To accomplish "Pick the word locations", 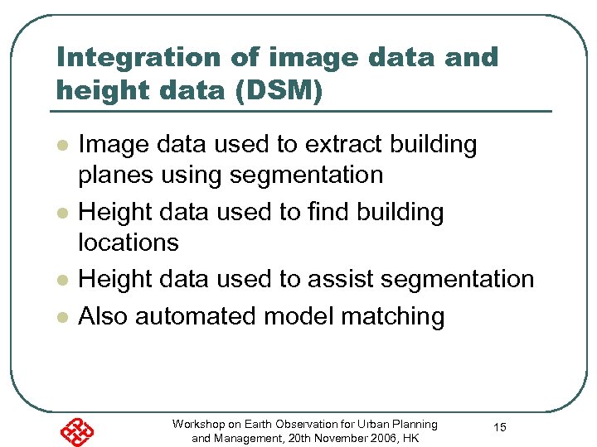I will [x=129, y=242].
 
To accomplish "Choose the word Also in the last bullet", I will [x=103, y=315].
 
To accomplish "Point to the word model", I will [x=300, y=315].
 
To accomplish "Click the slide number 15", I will [x=500, y=427].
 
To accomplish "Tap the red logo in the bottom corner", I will [x=76, y=431].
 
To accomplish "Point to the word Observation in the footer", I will [x=308, y=424].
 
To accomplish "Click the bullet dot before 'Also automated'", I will [x=61, y=317].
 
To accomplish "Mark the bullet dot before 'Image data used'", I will [x=61, y=146].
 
